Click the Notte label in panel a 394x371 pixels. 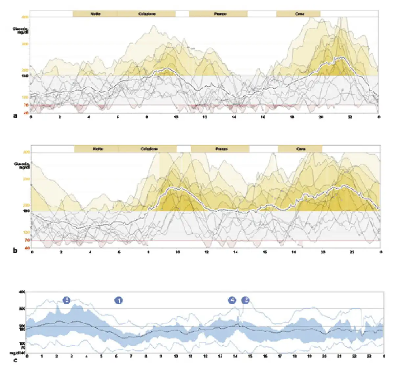click(x=95, y=14)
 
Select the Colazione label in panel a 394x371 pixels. click(x=146, y=14)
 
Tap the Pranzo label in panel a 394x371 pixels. click(x=220, y=14)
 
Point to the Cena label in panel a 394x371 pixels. click(x=299, y=14)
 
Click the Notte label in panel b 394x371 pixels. click(x=98, y=149)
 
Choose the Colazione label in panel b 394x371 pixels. click(x=149, y=149)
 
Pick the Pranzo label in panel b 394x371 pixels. click(x=222, y=149)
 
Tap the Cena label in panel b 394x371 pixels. click(x=301, y=149)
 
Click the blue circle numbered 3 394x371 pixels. click(x=66, y=300)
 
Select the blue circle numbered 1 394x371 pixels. click(x=119, y=300)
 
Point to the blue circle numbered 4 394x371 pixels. click(x=232, y=300)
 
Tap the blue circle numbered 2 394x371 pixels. click(x=245, y=300)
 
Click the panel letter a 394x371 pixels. click(x=15, y=116)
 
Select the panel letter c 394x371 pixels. click(x=15, y=360)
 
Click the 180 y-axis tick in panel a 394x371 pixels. click(x=25, y=76)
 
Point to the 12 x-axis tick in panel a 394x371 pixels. click(x=205, y=117)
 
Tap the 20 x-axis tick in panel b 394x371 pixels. click(x=323, y=252)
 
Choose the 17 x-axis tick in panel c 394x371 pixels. click(x=280, y=356)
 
